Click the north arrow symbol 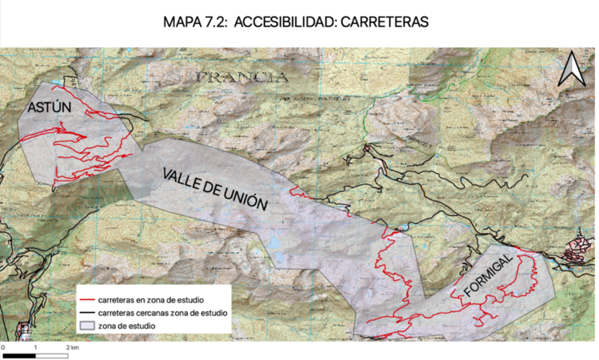[571, 70]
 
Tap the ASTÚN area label [49, 108]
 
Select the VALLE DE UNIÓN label [215, 191]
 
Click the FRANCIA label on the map [241, 76]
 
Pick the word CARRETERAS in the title [384, 22]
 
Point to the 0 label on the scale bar [4, 348]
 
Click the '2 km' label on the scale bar [72, 348]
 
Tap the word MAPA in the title [180, 22]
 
